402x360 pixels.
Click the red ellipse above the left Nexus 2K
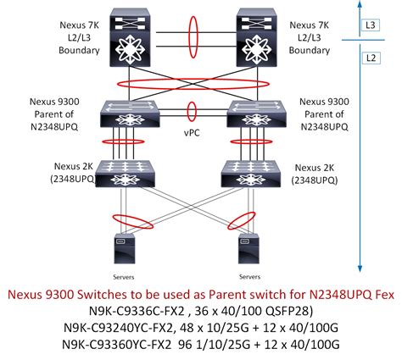coord(125,143)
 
